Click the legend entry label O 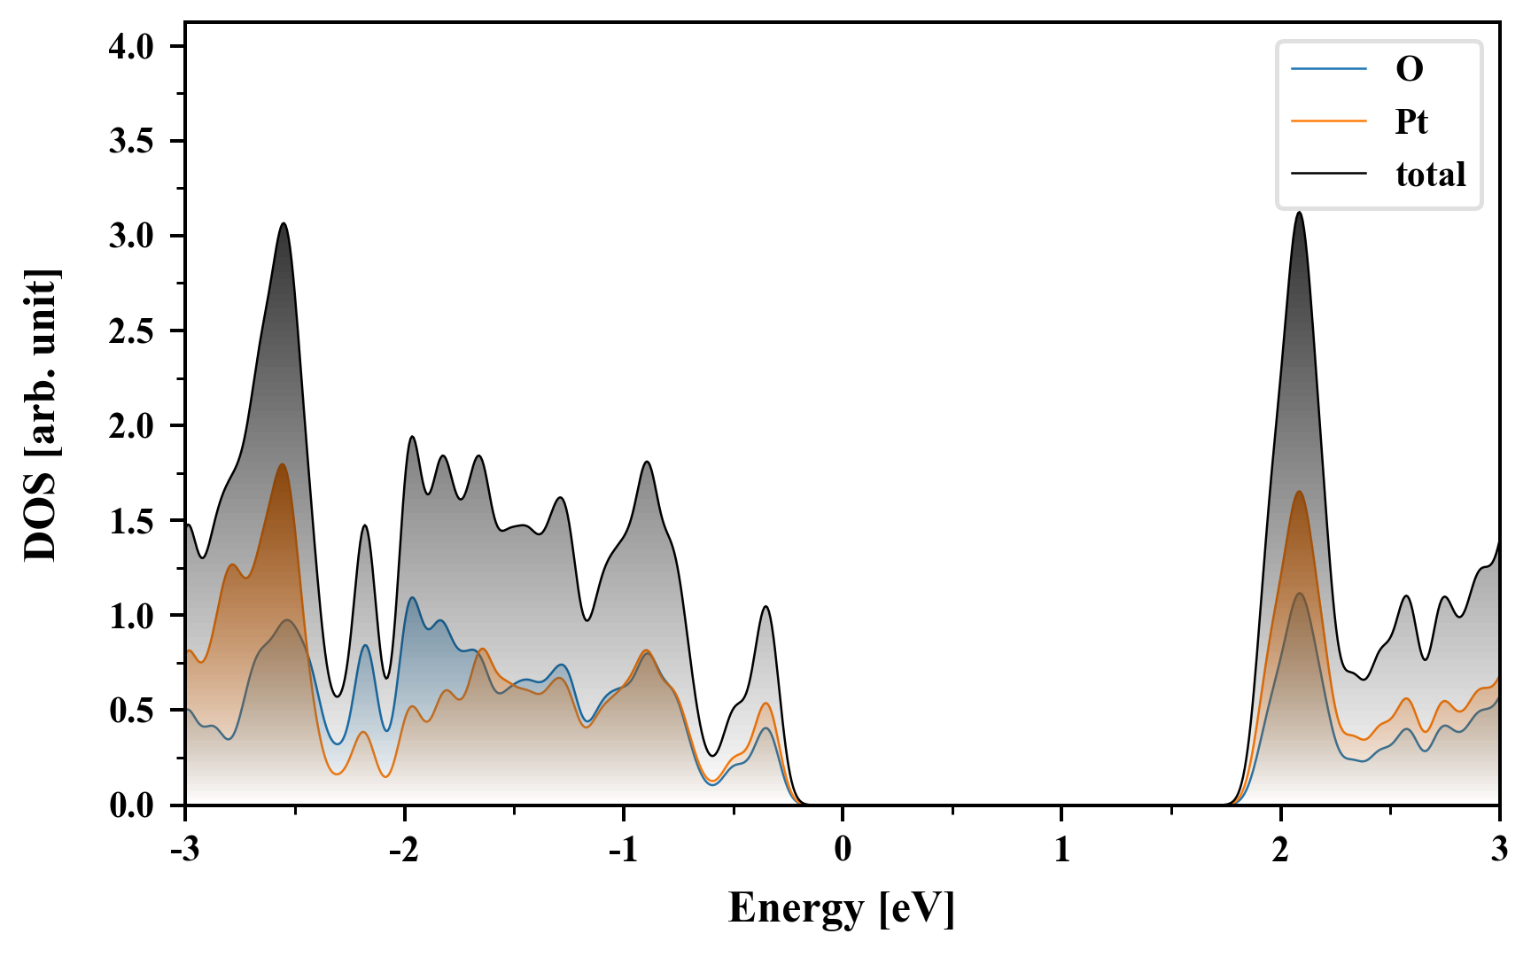point(1409,68)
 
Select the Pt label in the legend point(1411,121)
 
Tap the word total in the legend point(1431,175)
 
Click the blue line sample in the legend point(1329,68)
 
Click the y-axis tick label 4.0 point(131,47)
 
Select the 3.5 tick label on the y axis point(131,142)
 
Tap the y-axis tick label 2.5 point(131,331)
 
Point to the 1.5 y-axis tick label point(131,521)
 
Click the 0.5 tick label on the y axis point(131,711)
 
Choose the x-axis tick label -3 point(184,850)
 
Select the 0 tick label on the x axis point(843,850)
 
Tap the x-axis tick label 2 point(1280,850)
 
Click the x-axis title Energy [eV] point(842,908)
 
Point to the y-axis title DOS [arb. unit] point(41,415)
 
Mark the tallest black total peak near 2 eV point(1299,213)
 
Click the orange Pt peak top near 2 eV point(1300,492)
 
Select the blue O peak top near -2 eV point(412,598)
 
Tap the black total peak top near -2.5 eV point(284,223)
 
